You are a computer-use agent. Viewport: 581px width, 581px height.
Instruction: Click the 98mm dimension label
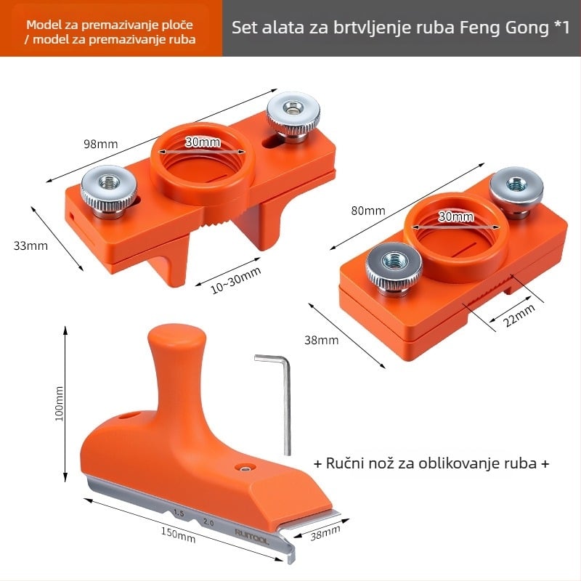(x=100, y=144)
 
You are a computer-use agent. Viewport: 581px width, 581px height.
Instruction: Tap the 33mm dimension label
(x=31, y=245)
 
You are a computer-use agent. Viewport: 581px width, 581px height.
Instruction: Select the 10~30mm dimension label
(x=235, y=280)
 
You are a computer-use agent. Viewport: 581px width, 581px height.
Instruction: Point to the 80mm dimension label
(x=368, y=211)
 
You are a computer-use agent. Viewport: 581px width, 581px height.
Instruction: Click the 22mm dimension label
(x=519, y=315)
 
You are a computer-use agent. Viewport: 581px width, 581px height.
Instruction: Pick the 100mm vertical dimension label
(x=60, y=404)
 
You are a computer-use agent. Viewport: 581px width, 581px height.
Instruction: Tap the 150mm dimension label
(x=178, y=535)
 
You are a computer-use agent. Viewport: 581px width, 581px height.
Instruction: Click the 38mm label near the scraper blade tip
(x=325, y=533)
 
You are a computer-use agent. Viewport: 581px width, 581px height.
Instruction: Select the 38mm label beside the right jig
(x=322, y=340)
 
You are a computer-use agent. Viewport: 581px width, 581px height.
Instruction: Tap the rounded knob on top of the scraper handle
(x=176, y=337)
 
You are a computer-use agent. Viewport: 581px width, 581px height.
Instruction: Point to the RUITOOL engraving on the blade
(x=252, y=537)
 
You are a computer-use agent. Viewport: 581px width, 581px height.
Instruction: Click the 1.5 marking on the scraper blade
(x=179, y=513)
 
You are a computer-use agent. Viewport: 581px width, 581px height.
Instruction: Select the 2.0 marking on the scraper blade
(x=208, y=522)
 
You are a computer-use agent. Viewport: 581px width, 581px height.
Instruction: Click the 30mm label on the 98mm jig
(x=203, y=142)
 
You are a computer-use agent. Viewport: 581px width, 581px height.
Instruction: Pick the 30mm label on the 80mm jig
(x=456, y=216)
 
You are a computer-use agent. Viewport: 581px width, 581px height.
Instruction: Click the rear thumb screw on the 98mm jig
(x=293, y=115)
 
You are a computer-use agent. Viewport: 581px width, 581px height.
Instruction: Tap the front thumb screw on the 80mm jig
(x=394, y=269)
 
